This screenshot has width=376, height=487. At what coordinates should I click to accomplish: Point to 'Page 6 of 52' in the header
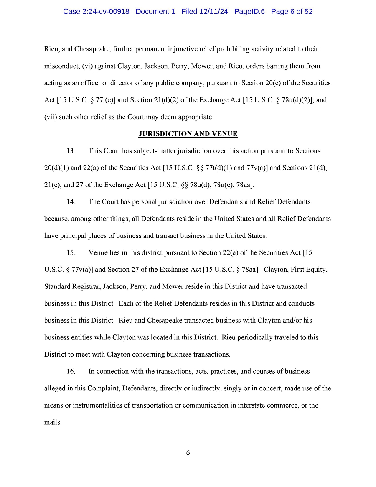click(292, 12)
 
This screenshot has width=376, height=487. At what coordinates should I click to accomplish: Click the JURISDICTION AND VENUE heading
click(188, 134)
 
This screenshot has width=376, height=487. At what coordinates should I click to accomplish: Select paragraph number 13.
click(71, 151)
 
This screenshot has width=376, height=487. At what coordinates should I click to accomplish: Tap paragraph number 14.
click(71, 202)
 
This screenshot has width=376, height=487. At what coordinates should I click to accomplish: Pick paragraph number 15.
click(71, 253)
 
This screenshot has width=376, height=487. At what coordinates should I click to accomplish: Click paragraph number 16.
click(71, 372)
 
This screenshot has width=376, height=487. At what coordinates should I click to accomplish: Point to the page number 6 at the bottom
click(188, 453)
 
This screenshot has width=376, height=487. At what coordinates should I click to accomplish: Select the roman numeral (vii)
click(51, 117)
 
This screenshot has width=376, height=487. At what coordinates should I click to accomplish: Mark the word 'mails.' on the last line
click(53, 423)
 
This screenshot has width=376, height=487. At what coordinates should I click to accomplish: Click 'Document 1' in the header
click(155, 12)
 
